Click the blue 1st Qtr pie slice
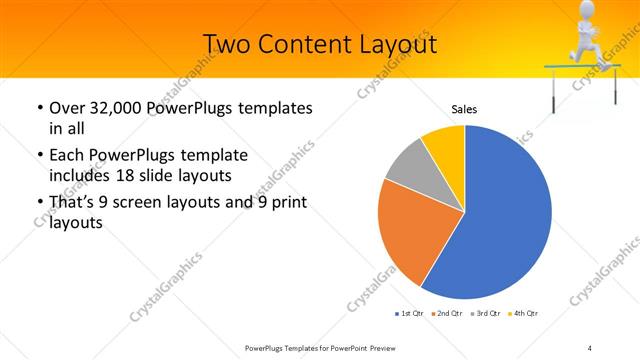click(x=500, y=220)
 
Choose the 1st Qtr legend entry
click(x=409, y=314)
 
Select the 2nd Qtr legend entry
click(x=445, y=314)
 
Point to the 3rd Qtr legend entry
click(x=485, y=314)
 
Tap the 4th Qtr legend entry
click(x=523, y=314)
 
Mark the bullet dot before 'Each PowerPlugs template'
click(x=39, y=156)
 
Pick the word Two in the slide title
click(x=225, y=44)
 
